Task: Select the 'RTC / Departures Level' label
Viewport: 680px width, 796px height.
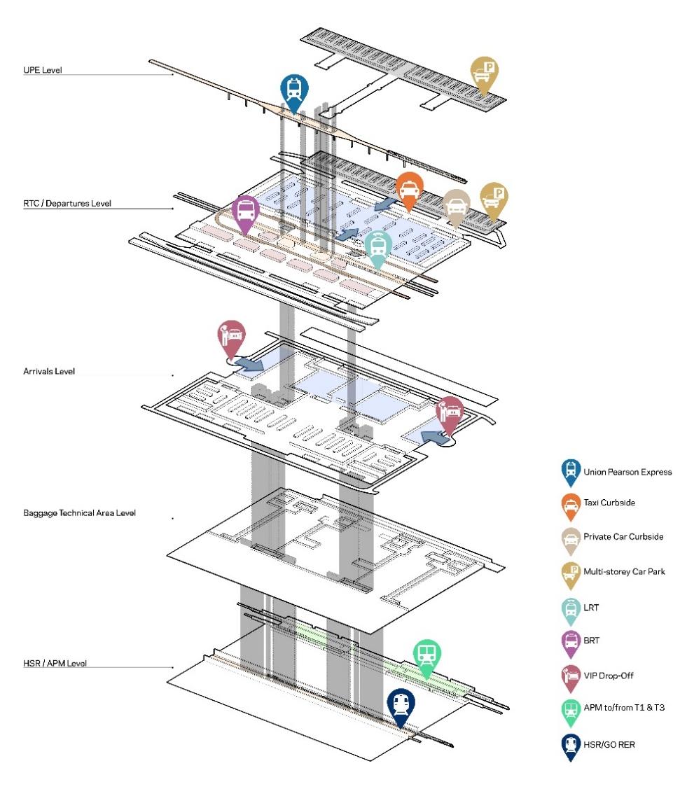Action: (67, 203)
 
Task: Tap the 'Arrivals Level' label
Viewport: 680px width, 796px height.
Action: (48, 371)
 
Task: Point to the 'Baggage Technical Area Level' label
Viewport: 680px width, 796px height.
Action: (79, 513)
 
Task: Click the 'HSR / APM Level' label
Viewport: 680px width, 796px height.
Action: (55, 662)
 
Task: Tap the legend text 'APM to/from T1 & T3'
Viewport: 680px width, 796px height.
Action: (623, 708)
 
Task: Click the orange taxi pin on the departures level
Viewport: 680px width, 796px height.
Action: (408, 190)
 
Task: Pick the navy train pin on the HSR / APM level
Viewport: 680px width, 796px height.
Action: (401, 704)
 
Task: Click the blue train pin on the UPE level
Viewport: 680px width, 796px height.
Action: (294, 90)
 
